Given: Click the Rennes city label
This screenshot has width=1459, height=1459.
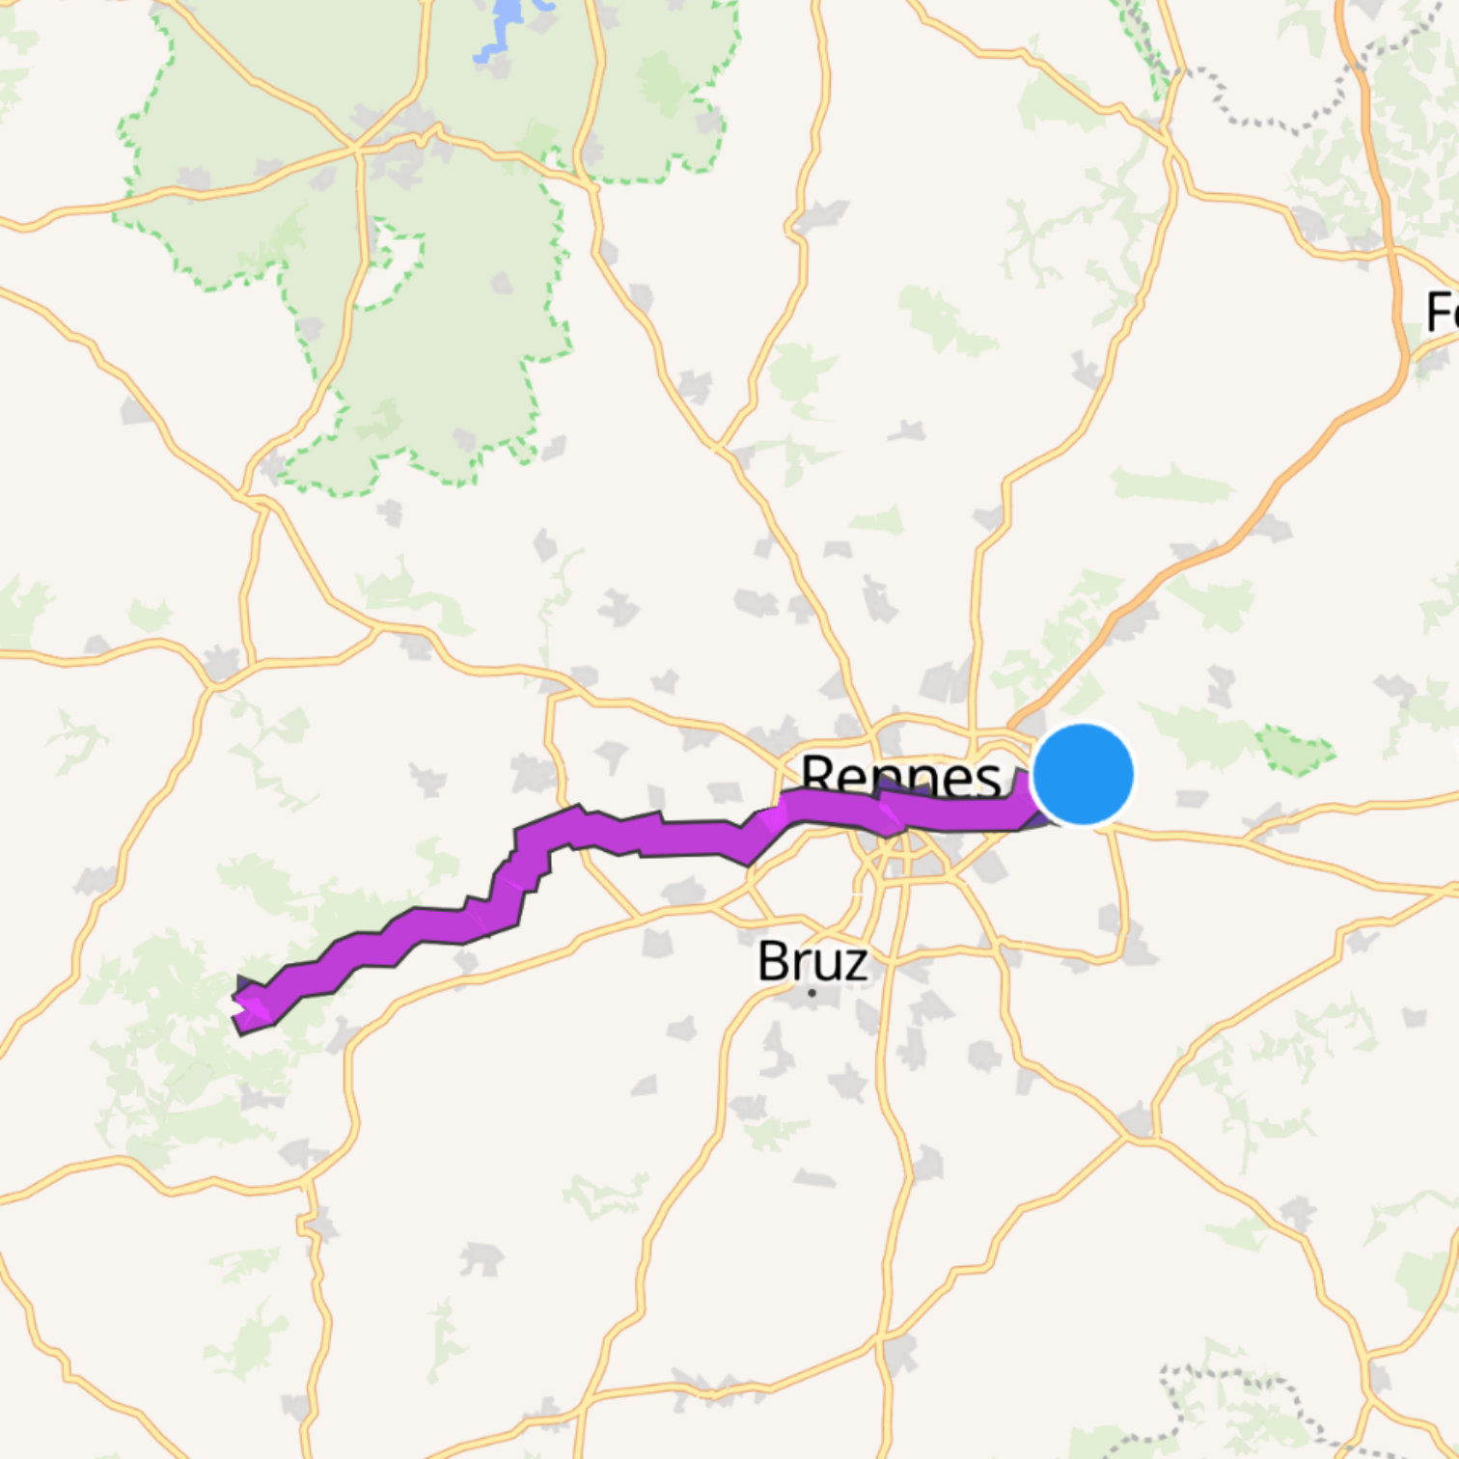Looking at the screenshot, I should click(900, 776).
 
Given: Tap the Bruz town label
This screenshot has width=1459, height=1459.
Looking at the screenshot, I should click(812, 961).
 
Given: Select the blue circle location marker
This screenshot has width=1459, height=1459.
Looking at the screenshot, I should click(1083, 775).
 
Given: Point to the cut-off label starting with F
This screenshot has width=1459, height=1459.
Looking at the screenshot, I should click(1442, 312).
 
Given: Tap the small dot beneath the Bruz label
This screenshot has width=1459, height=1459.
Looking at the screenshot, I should click(812, 992).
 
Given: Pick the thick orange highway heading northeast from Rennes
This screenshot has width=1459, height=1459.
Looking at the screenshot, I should click(1254, 502).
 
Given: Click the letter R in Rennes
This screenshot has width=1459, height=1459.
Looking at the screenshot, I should click(818, 776).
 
